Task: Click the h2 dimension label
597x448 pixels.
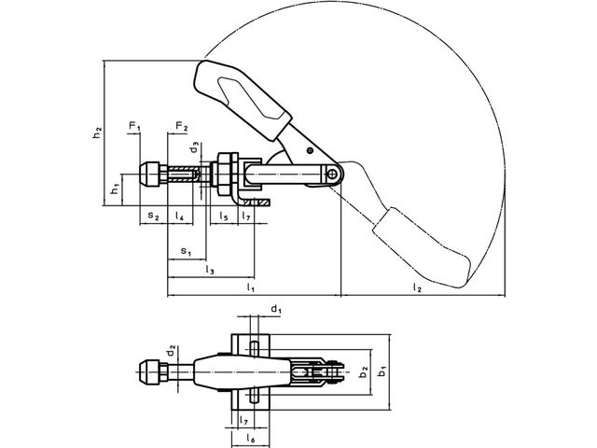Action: (97, 133)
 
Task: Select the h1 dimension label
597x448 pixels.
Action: (115, 189)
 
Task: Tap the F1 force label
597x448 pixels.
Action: (134, 126)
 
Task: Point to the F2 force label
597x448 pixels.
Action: (182, 126)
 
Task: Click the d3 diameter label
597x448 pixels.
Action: (195, 147)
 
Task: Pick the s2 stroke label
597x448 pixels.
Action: (153, 216)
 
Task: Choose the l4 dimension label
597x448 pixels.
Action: (179, 216)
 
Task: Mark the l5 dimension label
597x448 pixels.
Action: (224, 216)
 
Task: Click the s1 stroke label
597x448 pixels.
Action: (186, 251)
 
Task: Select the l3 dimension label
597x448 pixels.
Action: (210, 270)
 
